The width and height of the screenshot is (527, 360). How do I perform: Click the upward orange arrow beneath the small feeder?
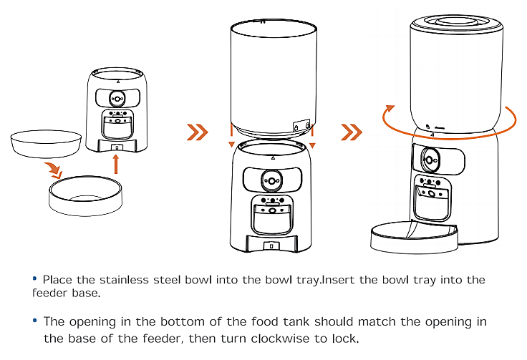tap(116, 165)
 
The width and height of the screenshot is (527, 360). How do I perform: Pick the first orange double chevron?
tap(197, 132)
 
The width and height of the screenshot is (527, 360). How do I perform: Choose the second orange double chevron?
tap(351, 132)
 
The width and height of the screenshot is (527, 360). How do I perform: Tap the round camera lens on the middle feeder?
tap(271, 178)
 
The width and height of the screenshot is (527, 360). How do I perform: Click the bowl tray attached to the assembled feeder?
tap(414, 238)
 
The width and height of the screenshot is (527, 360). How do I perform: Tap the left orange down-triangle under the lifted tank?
tap(231, 145)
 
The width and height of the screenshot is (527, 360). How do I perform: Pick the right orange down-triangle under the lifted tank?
tap(312, 145)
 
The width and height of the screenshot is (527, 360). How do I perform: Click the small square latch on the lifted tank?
tap(296, 125)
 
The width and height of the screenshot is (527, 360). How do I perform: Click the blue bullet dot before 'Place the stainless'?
tap(34, 278)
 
